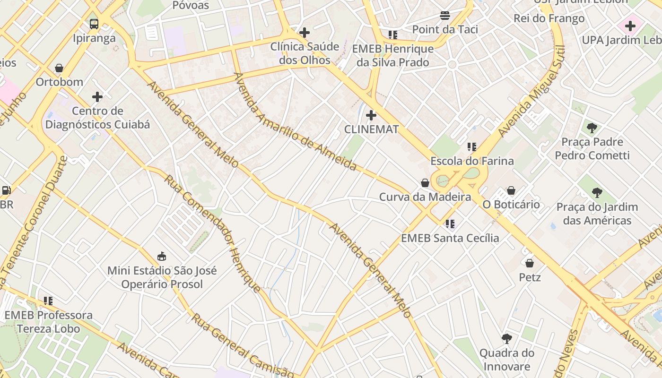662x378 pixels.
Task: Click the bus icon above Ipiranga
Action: [94, 24]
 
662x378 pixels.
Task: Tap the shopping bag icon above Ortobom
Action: [59, 69]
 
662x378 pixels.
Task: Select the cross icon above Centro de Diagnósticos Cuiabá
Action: [97, 97]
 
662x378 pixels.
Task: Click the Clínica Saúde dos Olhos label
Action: [305, 53]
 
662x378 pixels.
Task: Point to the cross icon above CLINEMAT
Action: [371, 115]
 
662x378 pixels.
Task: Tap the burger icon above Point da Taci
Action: [445, 16]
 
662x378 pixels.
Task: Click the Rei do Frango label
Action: [549, 18]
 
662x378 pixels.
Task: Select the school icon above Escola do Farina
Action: [471, 147]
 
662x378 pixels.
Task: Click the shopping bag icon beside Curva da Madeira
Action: [425, 183]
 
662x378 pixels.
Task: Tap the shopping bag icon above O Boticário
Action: [511, 190]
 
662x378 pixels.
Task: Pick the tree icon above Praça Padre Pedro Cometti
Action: [592, 128]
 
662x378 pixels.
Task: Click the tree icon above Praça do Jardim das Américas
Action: [597, 192]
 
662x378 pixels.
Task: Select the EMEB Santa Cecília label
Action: [450, 238]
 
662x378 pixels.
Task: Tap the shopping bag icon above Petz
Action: [530, 263]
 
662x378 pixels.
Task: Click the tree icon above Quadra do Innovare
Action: [506, 338]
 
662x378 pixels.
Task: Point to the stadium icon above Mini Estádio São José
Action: [162, 256]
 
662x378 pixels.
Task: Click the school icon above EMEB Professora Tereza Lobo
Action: [48, 301]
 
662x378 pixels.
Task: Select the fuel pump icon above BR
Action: [6, 190]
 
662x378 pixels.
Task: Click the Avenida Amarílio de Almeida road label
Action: [295, 121]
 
